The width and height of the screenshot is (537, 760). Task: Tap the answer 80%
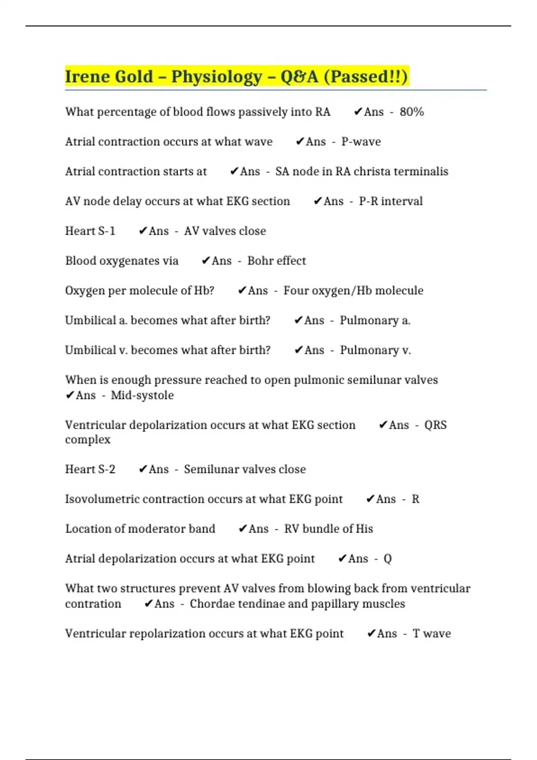[412, 112]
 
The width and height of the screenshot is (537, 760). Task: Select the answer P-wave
[361, 142]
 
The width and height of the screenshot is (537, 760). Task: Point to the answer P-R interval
[390, 201]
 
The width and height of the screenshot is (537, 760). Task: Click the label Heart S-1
[90, 231]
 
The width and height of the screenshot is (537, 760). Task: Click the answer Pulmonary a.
[375, 321]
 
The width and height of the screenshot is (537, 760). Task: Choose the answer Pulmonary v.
[375, 350]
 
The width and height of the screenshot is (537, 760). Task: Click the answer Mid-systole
[142, 395]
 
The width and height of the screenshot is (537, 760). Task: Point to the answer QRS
[435, 425]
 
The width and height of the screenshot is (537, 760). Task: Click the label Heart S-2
[90, 469]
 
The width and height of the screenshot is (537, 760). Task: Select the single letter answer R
[415, 499]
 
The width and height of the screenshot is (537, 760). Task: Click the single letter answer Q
[388, 559]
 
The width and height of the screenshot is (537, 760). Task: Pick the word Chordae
[212, 604]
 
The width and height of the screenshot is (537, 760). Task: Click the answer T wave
[431, 633]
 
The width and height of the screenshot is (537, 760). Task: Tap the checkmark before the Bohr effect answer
[205, 261]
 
